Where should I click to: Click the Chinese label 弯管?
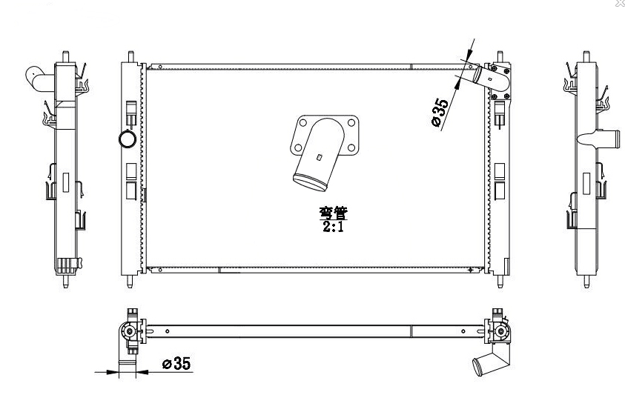coord(333,213)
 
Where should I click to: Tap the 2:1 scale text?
coord(333,227)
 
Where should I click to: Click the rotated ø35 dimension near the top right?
coord(440,113)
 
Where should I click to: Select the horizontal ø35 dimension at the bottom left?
coord(176,364)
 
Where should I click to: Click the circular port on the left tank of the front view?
coord(128,139)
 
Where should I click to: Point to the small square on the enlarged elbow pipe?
coord(319,157)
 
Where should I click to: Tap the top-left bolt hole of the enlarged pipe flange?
coord(303,123)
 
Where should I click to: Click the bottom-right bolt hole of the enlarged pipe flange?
coord(351,148)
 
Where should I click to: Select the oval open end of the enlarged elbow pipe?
coord(310,183)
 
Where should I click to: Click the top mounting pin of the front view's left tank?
coord(130,56)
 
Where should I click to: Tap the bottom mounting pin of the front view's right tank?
coord(500,281)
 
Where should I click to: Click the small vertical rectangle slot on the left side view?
coord(66,182)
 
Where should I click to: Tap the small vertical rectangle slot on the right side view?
coord(586,183)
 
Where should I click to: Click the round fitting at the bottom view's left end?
coord(129,331)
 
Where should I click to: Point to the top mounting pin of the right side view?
coord(586,56)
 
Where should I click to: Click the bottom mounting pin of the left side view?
coord(65,281)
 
